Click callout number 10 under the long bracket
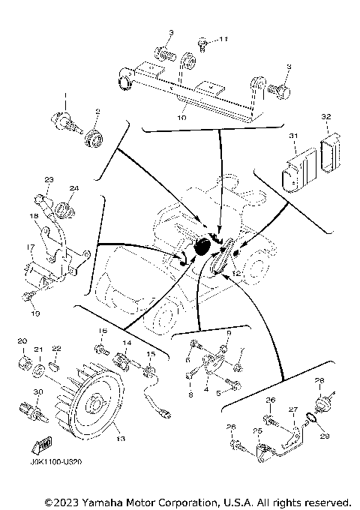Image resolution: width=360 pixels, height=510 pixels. pos(181,118)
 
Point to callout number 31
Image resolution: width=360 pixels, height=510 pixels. pos(294,136)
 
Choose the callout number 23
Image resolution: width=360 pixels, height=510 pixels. pos(49,180)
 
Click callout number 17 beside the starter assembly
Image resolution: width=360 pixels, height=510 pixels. pos(32,247)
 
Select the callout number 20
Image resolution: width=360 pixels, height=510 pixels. pos(22,341)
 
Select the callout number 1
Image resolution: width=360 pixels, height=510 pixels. pos(64,94)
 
